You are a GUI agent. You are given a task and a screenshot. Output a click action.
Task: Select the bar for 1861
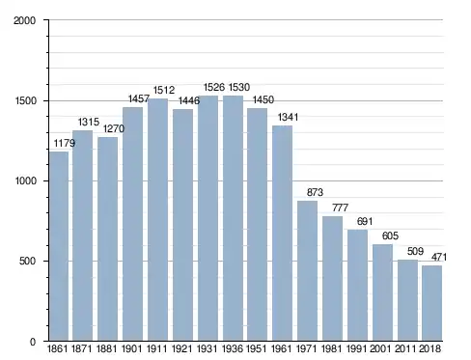(x=59, y=246)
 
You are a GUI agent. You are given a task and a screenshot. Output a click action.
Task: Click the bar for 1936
(x=233, y=218)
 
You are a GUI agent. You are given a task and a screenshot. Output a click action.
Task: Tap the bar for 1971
(x=307, y=271)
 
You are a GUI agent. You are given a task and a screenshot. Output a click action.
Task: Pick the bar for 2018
(x=432, y=303)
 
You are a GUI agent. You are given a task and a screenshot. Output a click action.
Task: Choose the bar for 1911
(x=157, y=219)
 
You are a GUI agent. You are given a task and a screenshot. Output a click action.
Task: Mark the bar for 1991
(x=357, y=286)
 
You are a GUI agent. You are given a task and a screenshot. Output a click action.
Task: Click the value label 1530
(x=239, y=87)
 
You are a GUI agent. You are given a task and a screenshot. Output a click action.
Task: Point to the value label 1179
(x=65, y=143)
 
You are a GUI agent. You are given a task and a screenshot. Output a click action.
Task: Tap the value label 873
(x=315, y=192)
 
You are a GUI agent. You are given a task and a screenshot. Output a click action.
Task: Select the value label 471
(x=439, y=257)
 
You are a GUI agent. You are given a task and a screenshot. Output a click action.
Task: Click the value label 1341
(x=288, y=117)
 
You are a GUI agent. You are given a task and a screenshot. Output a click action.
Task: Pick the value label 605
(x=390, y=235)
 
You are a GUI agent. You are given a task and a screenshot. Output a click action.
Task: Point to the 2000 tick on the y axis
(x=24, y=20)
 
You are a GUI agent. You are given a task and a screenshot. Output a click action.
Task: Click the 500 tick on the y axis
(x=27, y=261)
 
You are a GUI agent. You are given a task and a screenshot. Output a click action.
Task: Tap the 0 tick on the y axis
(x=33, y=342)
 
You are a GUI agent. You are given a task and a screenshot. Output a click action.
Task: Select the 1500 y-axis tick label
(x=25, y=100)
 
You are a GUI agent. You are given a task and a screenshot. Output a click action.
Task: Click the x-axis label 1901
(x=132, y=348)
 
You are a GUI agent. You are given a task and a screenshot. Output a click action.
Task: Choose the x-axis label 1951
(x=257, y=348)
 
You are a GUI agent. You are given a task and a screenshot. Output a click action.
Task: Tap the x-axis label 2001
(x=380, y=348)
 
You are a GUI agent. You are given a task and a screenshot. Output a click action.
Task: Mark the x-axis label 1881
(x=107, y=348)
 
